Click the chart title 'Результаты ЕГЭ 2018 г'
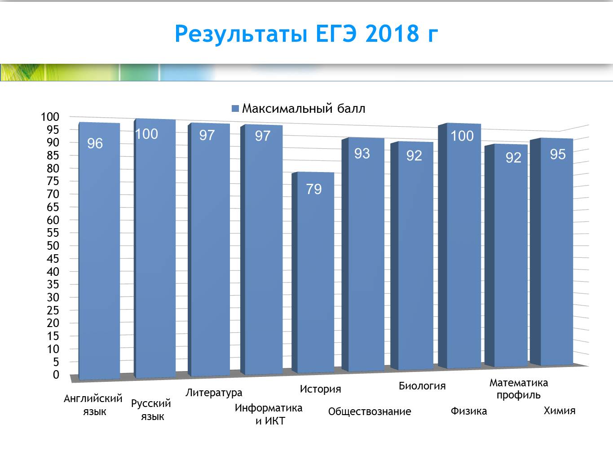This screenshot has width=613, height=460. (x=306, y=34)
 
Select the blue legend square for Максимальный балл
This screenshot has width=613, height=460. (x=235, y=109)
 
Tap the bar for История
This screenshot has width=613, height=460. (x=313, y=272)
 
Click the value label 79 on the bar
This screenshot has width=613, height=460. (x=314, y=189)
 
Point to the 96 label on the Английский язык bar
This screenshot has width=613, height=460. (x=95, y=144)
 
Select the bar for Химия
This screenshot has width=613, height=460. (x=551, y=252)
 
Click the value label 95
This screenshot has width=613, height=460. (x=558, y=154)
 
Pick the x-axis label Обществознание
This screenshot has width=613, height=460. (x=370, y=411)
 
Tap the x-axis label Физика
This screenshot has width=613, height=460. (x=468, y=411)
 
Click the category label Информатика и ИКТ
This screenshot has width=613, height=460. (x=269, y=414)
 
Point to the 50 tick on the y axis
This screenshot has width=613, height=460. (x=53, y=246)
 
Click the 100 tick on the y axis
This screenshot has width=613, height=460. (x=50, y=117)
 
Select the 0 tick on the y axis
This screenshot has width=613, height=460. (x=56, y=375)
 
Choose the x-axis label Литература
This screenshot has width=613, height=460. (x=214, y=393)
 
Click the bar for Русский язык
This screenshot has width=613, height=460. (x=155, y=248)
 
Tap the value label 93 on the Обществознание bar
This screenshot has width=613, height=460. (x=362, y=154)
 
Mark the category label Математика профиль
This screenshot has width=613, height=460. (x=519, y=389)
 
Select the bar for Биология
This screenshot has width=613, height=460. (x=412, y=256)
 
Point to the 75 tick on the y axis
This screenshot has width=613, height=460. (x=53, y=181)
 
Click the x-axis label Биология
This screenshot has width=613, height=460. (x=422, y=386)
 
